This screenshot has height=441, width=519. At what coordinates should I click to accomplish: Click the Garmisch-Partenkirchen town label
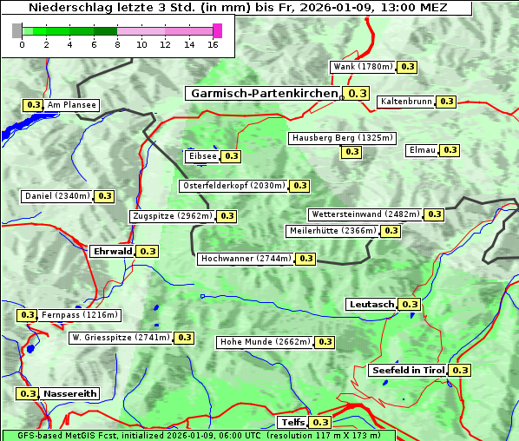coord(262,94)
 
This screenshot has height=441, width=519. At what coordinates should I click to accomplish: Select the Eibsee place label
coord(201,156)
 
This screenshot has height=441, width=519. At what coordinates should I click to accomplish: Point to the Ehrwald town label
coord(112,251)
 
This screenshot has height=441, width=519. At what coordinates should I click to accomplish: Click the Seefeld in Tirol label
coord(407,370)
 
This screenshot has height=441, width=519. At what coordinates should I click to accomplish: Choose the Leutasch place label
coord(371,304)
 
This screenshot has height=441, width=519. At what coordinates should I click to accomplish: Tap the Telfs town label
coord(292,422)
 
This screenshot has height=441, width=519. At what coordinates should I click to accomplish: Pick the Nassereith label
coord(69,393)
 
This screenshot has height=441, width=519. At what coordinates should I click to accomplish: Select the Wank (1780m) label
coord(364,67)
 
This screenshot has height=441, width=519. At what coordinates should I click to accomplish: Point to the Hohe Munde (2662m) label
coord(265,342)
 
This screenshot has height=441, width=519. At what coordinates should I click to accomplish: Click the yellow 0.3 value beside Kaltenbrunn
coord(446,102)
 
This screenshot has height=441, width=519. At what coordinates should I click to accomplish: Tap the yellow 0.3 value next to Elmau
coord(450,150)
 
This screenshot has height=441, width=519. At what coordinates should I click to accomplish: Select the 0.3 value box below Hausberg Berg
coord(351,152)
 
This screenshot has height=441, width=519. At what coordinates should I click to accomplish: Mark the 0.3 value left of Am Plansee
coord(33,105)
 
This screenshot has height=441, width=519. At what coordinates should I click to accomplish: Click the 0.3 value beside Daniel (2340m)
coord(104,196)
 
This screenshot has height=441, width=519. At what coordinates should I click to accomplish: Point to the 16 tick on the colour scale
coord(212,44)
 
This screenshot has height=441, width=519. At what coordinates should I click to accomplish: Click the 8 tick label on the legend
coord(117,44)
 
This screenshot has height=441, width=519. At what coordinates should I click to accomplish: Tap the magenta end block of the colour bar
coord(217,30)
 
